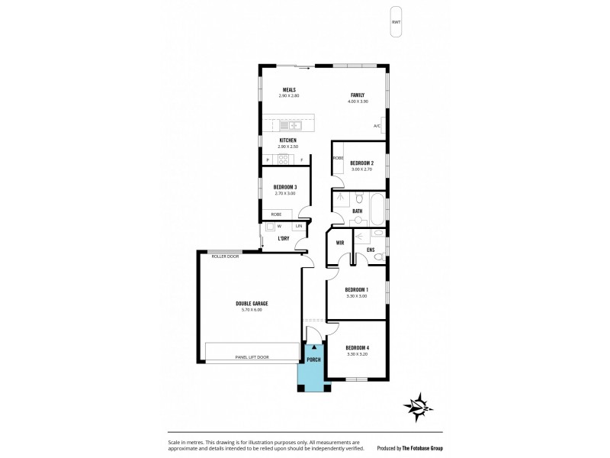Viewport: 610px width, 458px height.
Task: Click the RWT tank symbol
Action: click(395, 21)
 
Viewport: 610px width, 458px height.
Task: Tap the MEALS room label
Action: click(289, 89)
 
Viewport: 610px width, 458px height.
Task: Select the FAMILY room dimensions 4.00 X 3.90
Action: click(358, 102)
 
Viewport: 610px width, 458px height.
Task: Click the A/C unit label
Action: click(377, 126)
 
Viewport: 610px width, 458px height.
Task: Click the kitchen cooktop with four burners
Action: click(283, 159)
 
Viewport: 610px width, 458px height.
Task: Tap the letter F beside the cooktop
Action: click(302, 159)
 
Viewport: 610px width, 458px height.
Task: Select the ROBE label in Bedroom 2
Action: click(337, 158)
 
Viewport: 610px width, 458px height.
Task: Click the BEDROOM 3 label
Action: click(284, 187)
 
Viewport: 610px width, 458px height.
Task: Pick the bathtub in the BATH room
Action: click(376, 207)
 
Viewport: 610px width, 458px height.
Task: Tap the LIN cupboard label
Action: click(299, 227)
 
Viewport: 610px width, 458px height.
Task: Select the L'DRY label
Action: click(283, 239)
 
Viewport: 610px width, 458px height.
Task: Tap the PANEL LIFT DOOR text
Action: click(252, 357)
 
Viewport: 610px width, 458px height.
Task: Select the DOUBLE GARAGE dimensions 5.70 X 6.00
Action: click(251, 310)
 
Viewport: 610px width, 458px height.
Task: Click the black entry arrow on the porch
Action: click(313, 347)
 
